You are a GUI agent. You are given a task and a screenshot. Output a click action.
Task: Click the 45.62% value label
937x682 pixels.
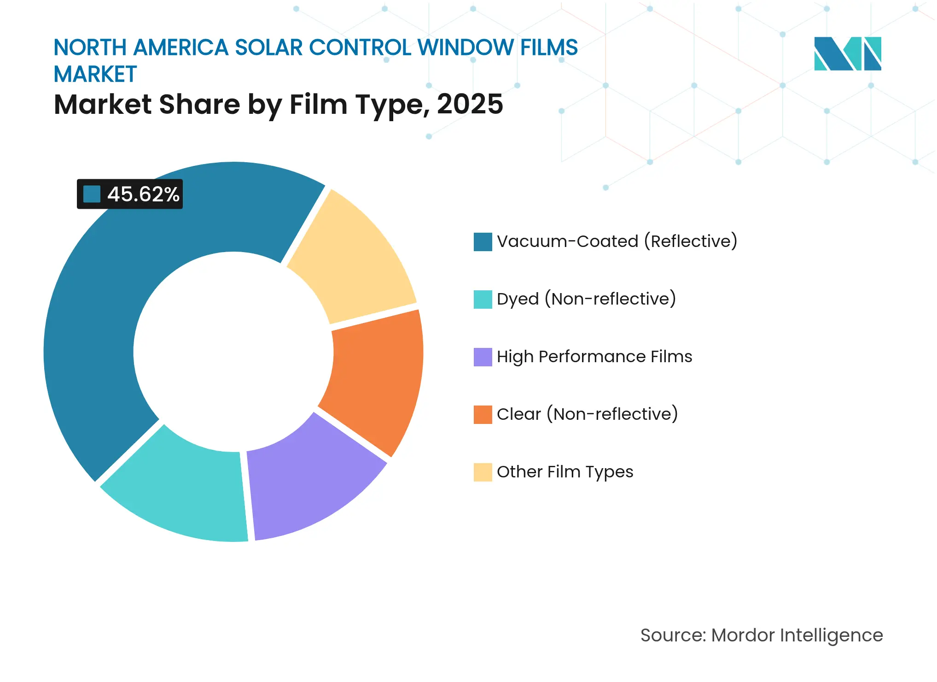(143, 194)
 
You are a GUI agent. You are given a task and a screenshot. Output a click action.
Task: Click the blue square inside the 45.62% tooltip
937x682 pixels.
(92, 194)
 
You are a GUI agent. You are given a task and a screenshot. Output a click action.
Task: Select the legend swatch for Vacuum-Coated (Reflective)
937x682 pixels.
(483, 241)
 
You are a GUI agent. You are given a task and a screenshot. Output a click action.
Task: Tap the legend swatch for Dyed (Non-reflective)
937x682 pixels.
(483, 299)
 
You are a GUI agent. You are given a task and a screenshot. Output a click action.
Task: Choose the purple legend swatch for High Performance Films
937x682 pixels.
(483, 357)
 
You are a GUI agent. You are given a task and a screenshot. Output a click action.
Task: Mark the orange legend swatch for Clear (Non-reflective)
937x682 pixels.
(483, 414)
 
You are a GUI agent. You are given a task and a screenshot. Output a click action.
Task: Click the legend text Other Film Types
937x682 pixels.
(565, 472)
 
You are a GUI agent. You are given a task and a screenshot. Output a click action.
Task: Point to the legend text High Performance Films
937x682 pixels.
(594, 357)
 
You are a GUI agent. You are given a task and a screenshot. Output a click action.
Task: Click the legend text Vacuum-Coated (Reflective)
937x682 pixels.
(617, 241)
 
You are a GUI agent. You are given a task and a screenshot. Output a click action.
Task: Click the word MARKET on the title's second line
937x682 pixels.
(95, 74)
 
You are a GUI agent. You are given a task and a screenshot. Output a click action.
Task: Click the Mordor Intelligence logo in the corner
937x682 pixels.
(847, 53)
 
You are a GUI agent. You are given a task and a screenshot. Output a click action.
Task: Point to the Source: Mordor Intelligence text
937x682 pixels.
(762, 635)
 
